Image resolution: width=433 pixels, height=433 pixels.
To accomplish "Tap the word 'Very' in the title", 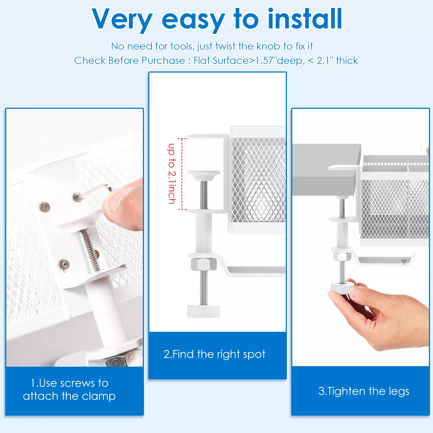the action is point(122,20).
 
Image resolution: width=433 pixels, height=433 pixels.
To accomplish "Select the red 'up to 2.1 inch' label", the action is point(172,173).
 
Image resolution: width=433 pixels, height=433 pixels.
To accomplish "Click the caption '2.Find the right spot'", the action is point(214,354).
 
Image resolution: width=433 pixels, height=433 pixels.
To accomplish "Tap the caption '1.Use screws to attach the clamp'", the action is point(69,390).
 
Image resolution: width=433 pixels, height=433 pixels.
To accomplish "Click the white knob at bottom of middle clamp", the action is point(204,311).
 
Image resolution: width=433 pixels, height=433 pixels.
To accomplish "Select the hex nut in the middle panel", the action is point(204,264).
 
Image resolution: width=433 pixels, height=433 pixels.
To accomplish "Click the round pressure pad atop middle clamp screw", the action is point(204,175).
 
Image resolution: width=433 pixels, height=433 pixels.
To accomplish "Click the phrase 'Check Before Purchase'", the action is point(129,61).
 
